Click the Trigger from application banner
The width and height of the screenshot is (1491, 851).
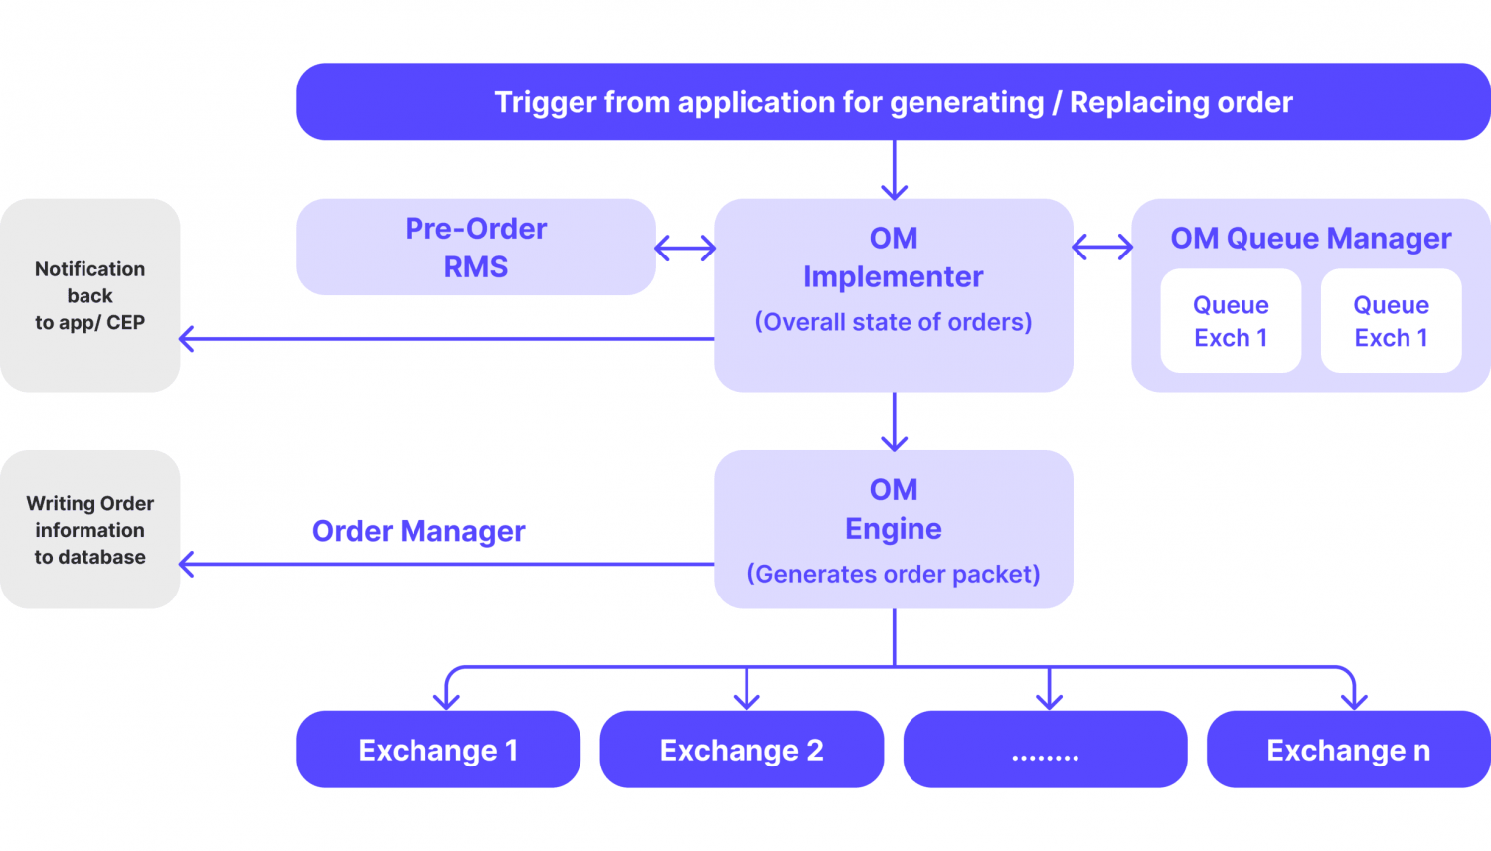point(893,102)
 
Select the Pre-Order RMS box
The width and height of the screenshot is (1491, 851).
point(475,248)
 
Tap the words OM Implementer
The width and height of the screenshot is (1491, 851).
point(893,257)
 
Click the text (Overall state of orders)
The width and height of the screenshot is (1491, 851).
point(893,322)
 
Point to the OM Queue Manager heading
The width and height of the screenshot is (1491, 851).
point(1310,239)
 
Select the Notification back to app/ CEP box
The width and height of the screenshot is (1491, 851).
point(89,295)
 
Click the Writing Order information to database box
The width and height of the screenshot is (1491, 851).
point(89,530)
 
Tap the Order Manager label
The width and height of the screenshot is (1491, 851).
point(418,531)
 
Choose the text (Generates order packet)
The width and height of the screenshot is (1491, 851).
point(893,574)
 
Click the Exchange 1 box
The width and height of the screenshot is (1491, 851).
point(437,750)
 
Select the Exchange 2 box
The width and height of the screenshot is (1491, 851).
point(742,750)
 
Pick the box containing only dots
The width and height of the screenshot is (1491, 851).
point(1045,750)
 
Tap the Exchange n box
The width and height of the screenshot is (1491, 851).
point(1348,750)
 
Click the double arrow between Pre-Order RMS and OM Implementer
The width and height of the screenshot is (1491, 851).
point(685,248)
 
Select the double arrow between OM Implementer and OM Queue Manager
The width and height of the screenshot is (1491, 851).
point(1102,247)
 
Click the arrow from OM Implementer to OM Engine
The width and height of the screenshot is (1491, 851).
point(894,422)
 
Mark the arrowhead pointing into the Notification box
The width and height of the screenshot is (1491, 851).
point(187,339)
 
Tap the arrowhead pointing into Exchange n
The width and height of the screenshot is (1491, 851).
point(1354,700)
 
